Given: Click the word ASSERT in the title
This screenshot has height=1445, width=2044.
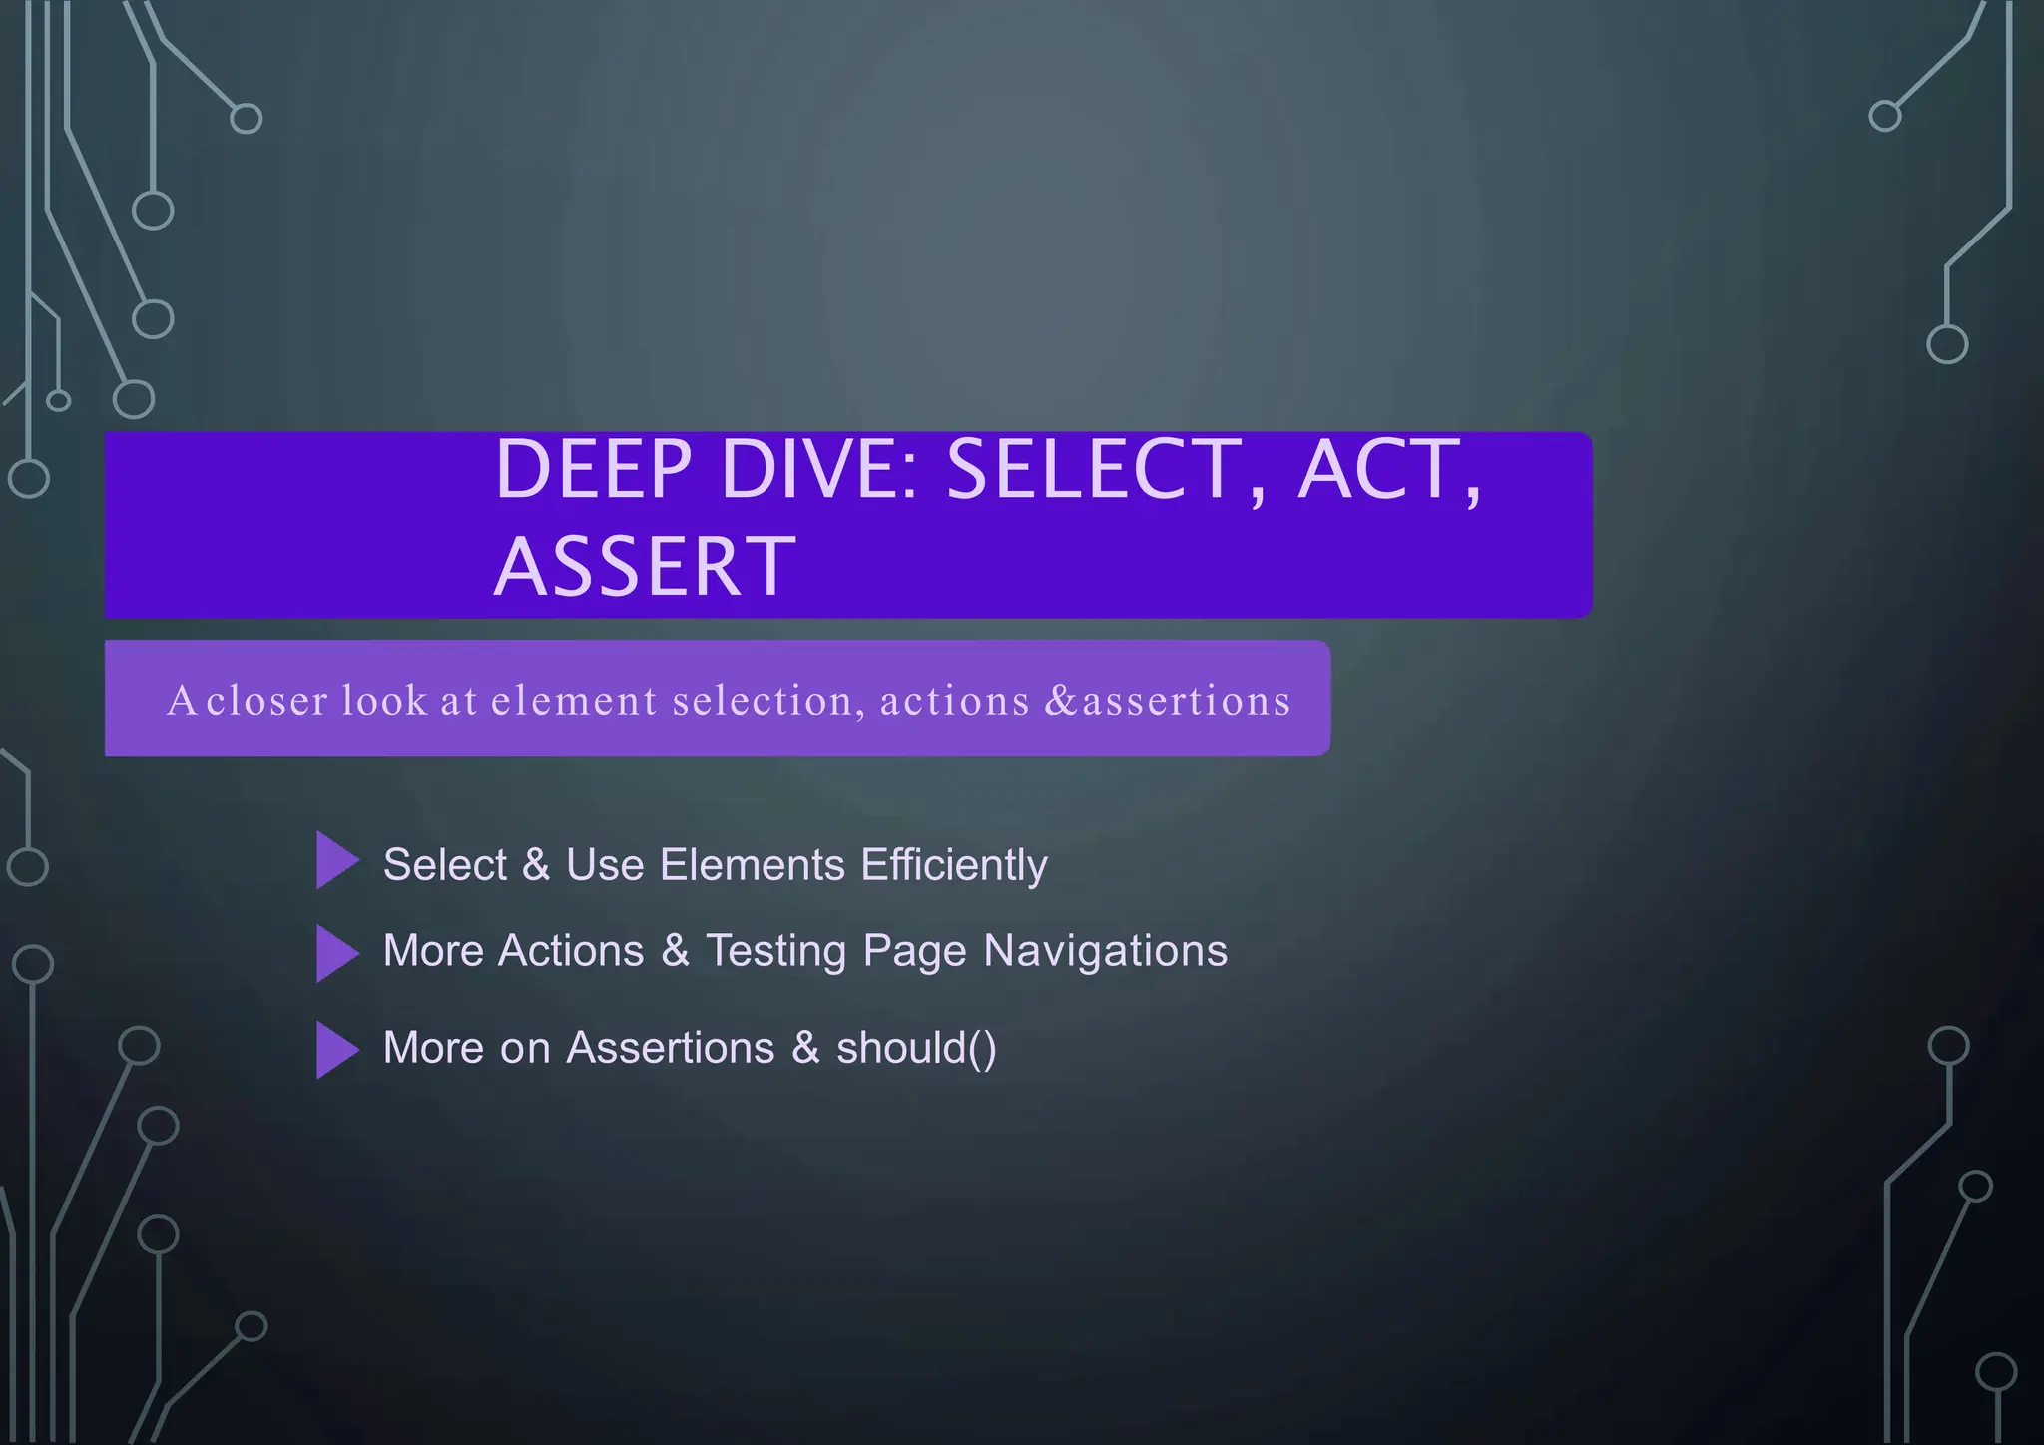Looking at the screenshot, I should pos(645,567).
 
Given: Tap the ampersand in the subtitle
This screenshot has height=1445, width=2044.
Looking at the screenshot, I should pos(1061,700).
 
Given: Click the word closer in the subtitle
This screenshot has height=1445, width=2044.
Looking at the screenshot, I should pos(266,700).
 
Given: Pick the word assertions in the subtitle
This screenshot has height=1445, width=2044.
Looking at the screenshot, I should pos(1187,700).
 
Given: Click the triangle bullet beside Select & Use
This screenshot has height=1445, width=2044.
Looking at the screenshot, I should pos(335,860).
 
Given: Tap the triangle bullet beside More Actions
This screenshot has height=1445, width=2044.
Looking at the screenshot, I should pos(335,953).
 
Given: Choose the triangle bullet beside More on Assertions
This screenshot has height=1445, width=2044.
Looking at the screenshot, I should pos(335,1049).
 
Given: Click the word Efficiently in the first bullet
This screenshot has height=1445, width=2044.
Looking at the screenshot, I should pos(954,864).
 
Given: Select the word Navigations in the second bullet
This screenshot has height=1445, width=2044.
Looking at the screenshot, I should pos(1105,950).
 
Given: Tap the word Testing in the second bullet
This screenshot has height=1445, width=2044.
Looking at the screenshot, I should pos(775,950).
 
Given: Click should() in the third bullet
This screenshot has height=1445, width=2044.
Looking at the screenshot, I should pos(916,1048).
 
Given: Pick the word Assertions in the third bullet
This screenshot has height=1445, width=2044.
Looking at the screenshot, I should pos(671,1048).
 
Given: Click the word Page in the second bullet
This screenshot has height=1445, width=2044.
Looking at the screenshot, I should pos(915,950).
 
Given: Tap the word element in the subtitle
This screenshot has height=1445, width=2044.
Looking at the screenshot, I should pos(574,700).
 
